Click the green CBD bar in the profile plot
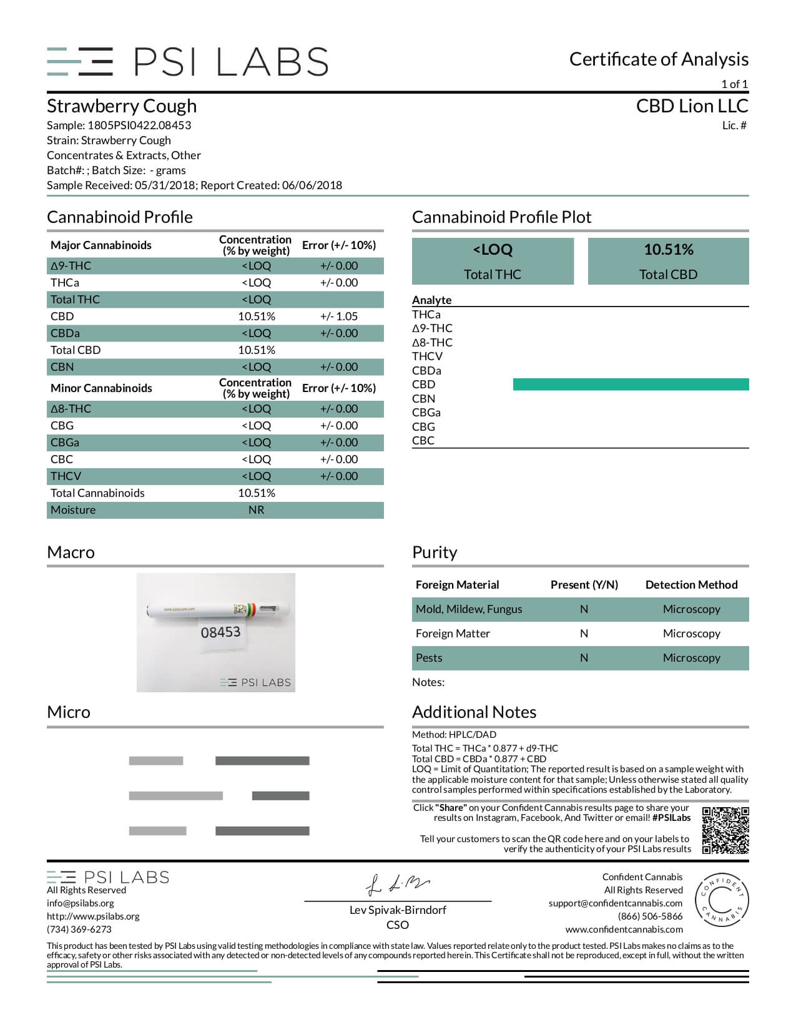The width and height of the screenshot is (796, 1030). (631, 385)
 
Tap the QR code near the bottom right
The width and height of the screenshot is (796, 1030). (725, 830)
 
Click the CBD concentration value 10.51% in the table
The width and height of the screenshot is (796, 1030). (256, 316)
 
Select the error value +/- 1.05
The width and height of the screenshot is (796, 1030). (338, 316)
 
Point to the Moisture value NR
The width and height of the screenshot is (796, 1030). (256, 510)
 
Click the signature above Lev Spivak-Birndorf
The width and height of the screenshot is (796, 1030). (397, 885)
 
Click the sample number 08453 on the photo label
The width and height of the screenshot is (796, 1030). (220, 632)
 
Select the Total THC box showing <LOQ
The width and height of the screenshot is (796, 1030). (493, 262)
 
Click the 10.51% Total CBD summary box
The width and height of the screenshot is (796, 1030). (668, 262)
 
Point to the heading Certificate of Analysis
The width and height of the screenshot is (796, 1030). (659, 59)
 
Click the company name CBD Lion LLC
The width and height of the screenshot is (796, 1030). (692, 106)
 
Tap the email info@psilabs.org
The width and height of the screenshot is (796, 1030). (81, 903)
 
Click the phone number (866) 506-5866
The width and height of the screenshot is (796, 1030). (650, 916)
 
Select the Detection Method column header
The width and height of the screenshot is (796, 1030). (691, 585)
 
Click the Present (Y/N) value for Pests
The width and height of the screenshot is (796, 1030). (584, 658)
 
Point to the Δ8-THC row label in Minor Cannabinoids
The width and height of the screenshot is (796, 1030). (71, 409)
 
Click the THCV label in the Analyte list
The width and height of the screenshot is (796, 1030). (427, 356)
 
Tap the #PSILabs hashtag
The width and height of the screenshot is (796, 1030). (671, 818)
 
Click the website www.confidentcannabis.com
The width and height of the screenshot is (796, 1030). (624, 929)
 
